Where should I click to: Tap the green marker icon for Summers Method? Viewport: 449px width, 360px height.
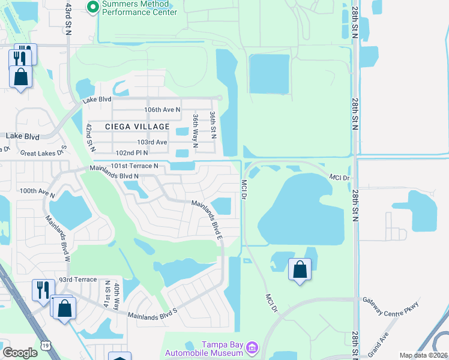click(92, 7)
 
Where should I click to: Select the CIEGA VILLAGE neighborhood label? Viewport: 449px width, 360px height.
click(137, 126)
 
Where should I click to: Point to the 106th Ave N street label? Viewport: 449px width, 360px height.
click(162, 109)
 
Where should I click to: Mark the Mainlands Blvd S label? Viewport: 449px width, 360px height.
click(152, 312)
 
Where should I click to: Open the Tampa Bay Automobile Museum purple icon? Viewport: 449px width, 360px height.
click(252, 347)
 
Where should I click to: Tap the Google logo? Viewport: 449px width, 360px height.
click(20, 353)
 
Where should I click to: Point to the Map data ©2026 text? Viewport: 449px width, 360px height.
click(424, 355)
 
